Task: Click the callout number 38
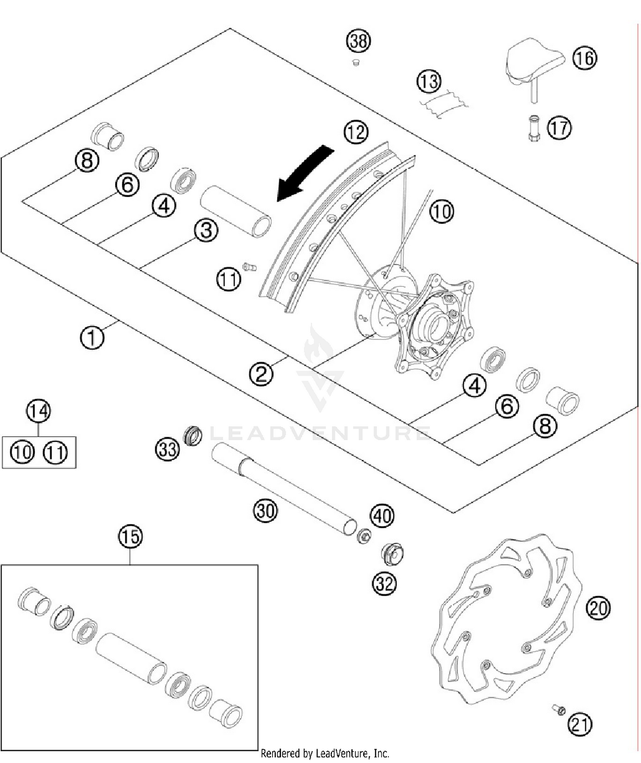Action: coord(358,41)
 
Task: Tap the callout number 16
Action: coord(584,58)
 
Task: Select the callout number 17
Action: coord(559,127)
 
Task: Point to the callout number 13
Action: coord(429,81)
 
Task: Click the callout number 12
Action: coord(356,132)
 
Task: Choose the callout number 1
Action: coord(92,337)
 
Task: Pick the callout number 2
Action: coord(261,373)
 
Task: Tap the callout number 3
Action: coord(206,231)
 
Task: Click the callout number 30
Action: coord(265,510)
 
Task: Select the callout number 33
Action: coord(167,450)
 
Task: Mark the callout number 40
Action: coord(382,516)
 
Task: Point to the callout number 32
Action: coord(384,584)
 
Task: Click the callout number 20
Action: coord(598,608)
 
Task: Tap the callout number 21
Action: coord(579,725)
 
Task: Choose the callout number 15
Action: coord(130,536)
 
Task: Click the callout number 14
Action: coord(38,411)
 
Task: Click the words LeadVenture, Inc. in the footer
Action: coord(352,753)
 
